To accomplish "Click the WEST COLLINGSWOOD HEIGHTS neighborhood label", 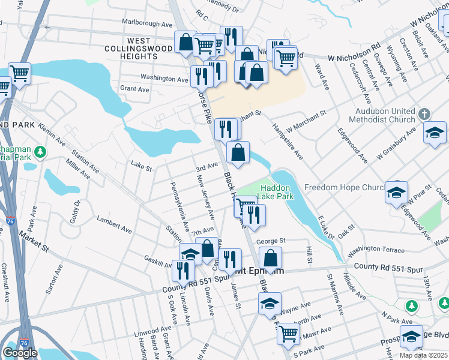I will tap(131, 52).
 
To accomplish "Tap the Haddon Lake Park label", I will tap(276, 191).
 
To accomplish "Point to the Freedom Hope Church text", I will tap(343, 188).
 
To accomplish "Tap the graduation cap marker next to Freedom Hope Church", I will tap(397, 193).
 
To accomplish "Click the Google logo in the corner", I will tap(20, 353).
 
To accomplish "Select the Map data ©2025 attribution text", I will tap(423, 355).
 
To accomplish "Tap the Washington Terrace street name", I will tap(376, 248).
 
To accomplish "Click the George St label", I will tap(270, 241).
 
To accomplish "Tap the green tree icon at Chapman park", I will tap(41, 152).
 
